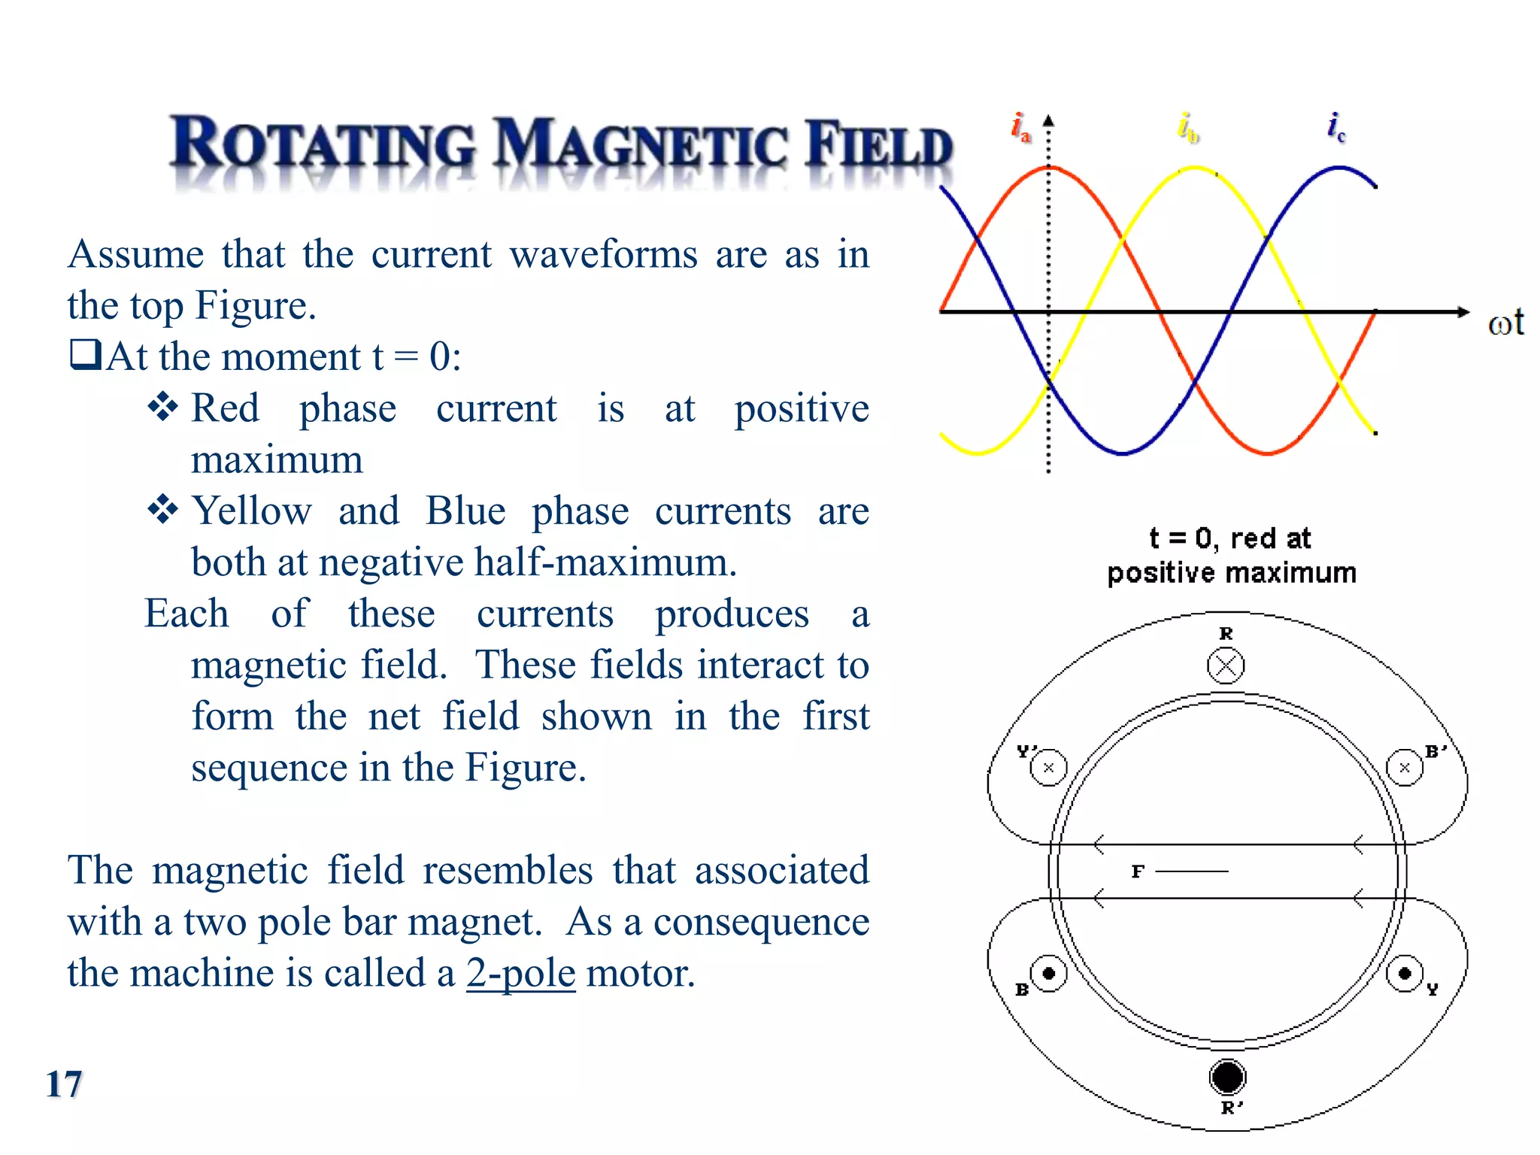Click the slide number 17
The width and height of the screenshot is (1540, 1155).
[x=64, y=1084]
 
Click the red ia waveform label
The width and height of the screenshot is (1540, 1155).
[x=1020, y=127]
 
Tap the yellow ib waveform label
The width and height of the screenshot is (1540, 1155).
[x=1188, y=127]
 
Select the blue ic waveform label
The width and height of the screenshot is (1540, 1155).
[x=1336, y=127]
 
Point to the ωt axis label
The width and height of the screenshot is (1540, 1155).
[x=1505, y=323]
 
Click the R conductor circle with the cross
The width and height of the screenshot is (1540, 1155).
[x=1226, y=666]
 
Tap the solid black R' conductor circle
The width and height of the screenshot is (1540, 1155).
[x=1227, y=1077]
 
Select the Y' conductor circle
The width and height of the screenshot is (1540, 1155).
[x=1048, y=768]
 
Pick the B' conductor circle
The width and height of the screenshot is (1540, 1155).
[x=1404, y=768]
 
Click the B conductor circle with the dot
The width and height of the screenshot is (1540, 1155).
[x=1048, y=974]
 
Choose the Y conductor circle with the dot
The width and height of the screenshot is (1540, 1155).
[x=1404, y=974]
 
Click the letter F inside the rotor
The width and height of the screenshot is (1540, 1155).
[x=1138, y=872]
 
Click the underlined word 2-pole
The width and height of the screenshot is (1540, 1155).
[x=520, y=973]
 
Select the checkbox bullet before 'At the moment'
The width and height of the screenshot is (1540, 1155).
[x=85, y=354]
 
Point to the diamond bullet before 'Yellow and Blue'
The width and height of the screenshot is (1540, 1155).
[x=162, y=510]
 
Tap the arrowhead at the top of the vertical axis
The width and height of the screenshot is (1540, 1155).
[x=1048, y=120]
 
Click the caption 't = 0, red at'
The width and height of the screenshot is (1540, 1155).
[x=1230, y=538]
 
